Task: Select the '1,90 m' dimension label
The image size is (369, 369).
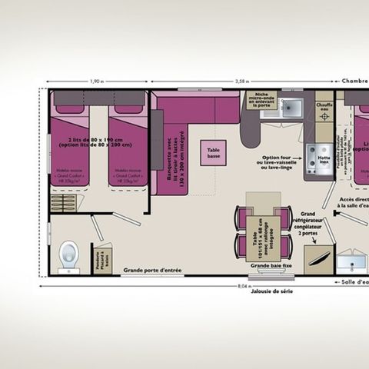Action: [x=95, y=81]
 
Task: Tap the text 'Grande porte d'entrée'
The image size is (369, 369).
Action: [x=151, y=269]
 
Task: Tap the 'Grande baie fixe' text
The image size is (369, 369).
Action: [x=266, y=266]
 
